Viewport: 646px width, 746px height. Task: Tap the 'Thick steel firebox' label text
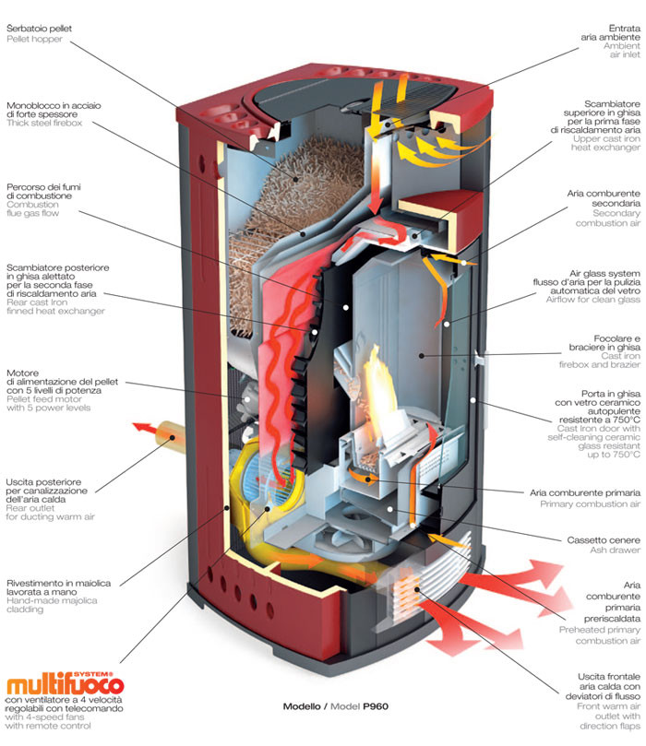43,123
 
